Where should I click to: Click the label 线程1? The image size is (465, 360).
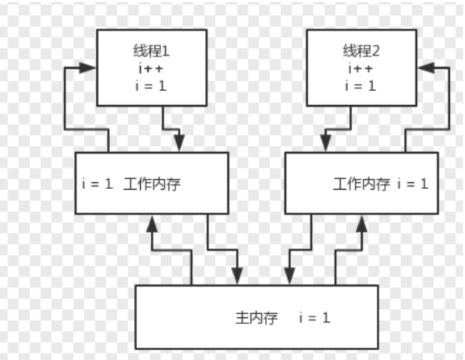[x=152, y=51]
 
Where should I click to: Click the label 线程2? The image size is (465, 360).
[x=361, y=51]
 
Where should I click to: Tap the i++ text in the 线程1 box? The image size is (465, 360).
[x=151, y=69]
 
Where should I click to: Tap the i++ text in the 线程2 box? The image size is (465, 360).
[x=361, y=69]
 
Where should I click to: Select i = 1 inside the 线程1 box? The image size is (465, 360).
[x=151, y=86]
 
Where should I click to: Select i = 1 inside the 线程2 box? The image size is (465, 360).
[x=361, y=86]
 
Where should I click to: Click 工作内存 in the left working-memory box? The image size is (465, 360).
[x=152, y=184]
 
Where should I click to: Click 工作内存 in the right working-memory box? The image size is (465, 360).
[x=362, y=184]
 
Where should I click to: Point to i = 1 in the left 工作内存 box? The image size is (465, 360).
[x=97, y=184]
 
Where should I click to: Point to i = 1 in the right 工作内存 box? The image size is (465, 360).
[x=413, y=184]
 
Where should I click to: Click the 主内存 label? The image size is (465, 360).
[x=256, y=318]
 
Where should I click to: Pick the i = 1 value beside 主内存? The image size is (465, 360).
[x=315, y=318]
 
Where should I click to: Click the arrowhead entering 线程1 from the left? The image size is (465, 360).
[x=86, y=68]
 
